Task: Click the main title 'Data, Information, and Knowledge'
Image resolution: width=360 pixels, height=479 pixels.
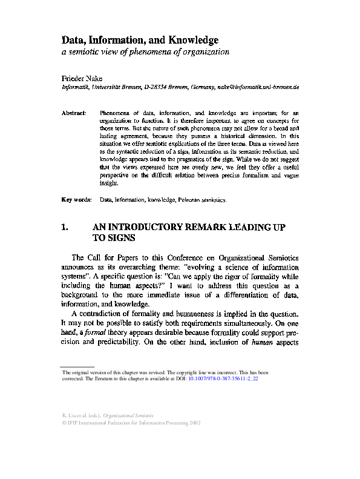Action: click(x=140, y=40)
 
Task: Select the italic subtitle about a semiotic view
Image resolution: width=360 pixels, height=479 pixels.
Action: click(x=146, y=52)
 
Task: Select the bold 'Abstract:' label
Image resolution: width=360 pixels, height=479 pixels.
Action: click(x=76, y=113)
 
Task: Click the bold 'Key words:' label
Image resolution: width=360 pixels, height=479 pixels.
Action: click(x=77, y=199)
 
